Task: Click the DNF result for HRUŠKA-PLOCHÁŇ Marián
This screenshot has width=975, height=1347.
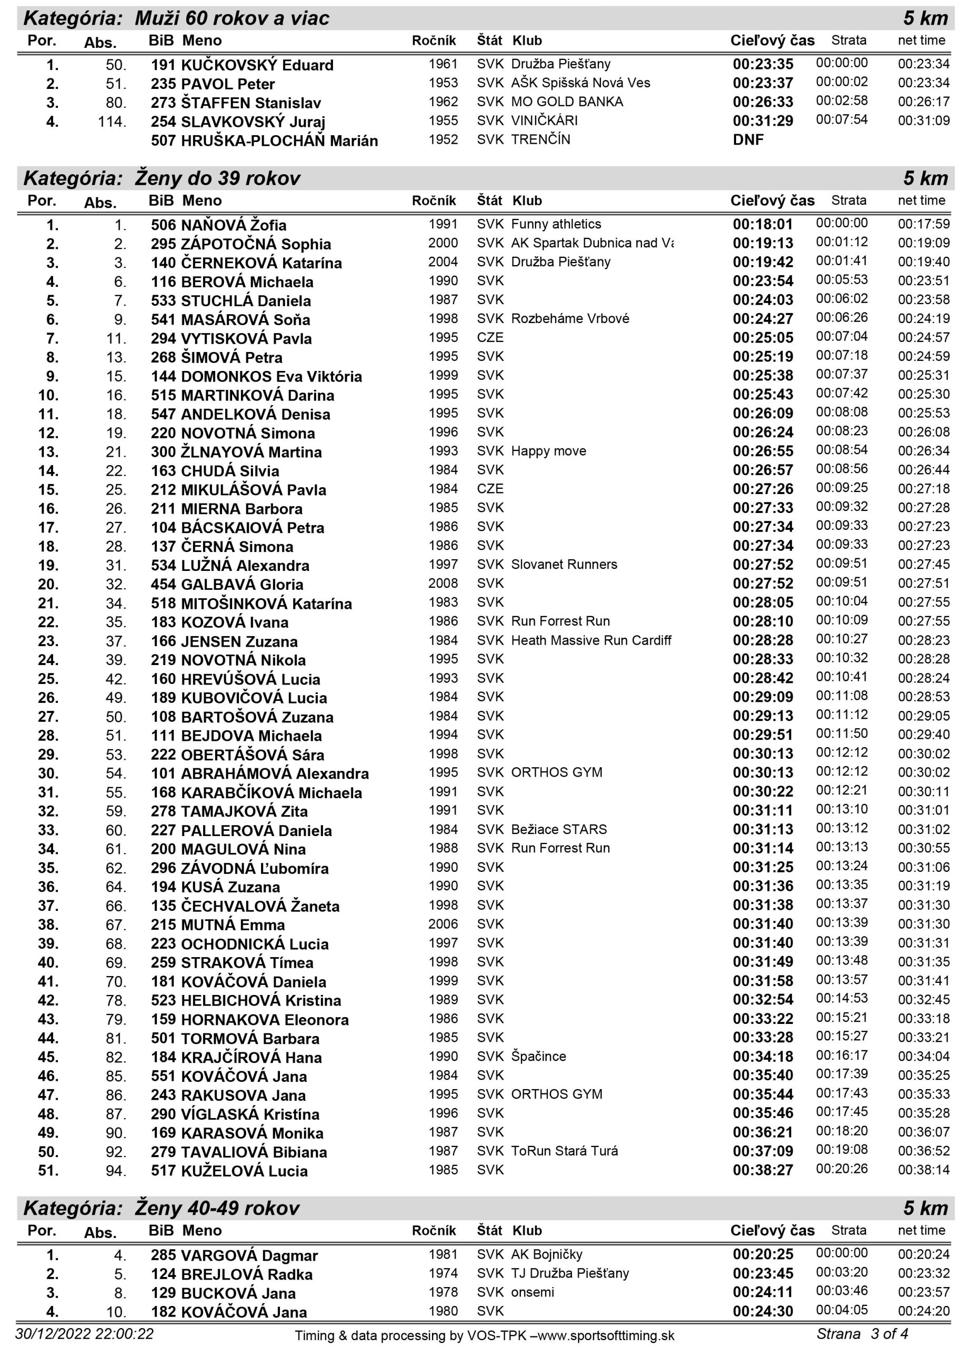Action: (748, 140)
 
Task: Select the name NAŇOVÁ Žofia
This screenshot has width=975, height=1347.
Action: (234, 226)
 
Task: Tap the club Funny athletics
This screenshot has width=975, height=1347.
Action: (556, 225)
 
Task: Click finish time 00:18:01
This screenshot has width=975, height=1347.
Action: (762, 225)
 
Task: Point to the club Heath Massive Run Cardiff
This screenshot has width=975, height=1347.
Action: (591, 641)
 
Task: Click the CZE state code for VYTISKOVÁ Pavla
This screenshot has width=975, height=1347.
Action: (490, 338)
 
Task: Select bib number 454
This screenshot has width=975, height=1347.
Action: (163, 585)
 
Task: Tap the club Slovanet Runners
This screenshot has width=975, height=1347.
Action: (564, 565)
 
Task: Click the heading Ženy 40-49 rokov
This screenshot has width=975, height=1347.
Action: (217, 1209)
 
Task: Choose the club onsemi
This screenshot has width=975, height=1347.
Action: (532, 1293)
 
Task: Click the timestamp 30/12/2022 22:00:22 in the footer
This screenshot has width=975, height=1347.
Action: (84, 1334)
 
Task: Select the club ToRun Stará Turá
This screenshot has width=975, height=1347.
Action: (564, 1151)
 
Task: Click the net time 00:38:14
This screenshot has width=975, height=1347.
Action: (923, 1171)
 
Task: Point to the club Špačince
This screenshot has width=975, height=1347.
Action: (539, 1057)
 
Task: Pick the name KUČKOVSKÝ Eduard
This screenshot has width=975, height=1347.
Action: (257, 65)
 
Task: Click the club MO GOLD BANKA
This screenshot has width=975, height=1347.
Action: (567, 102)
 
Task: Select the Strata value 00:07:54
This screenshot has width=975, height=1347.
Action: (841, 120)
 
